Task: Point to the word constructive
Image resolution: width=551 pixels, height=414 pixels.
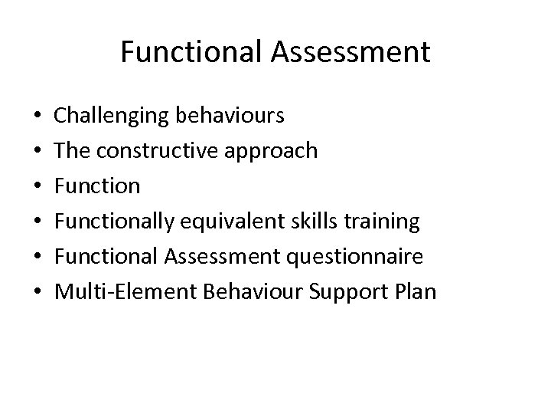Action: (x=163, y=151)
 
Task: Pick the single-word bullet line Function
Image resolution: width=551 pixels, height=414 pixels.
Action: (x=97, y=186)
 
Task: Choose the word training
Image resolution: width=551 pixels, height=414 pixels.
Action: (x=388, y=222)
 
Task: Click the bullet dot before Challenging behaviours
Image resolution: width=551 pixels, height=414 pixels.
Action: (x=38, y=117)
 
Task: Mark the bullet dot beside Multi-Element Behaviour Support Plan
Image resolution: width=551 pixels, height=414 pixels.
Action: (x=38, y=293)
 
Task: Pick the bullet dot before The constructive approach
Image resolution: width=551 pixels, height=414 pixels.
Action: (x=38, y=152)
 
